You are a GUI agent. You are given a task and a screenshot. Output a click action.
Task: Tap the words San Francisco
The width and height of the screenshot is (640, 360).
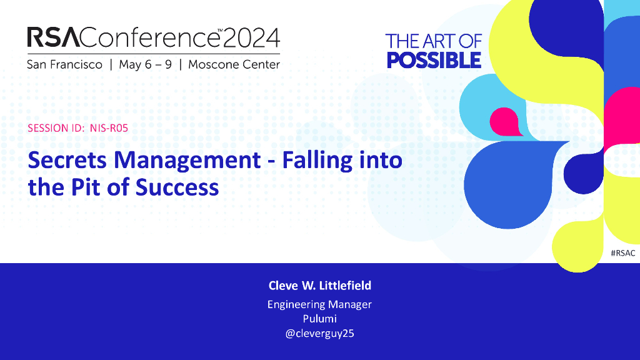(x=64, y=64)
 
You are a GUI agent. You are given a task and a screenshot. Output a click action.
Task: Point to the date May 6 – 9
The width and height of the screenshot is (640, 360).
(x=145, y=65)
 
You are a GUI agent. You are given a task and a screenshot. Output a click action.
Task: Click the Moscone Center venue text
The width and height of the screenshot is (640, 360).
(x=234, y=64)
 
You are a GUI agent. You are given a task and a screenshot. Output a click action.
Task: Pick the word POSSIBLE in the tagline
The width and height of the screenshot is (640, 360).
(x=434, y=61)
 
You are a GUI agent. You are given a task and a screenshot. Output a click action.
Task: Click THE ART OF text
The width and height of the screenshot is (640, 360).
(x=434, y=41)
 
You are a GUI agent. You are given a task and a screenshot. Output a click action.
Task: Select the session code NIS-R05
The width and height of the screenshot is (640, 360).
(x=109, y=128)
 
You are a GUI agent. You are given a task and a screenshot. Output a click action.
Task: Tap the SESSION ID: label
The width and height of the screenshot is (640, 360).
(x=56, y=128)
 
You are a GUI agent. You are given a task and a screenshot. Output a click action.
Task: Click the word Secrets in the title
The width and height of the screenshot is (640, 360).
(x=67, y=160)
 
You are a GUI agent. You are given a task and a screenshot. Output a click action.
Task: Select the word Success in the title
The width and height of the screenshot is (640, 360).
(x=177, y=187)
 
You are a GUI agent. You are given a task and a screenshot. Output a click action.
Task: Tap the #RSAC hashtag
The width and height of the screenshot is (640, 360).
(x=623, y=253)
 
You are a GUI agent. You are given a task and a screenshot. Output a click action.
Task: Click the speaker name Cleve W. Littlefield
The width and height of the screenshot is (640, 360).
(x=320, y=285)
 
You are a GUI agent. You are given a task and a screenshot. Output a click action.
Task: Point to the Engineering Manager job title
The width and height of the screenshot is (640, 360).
(x=319, y=304)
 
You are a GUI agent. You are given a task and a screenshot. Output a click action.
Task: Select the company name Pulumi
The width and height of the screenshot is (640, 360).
(x=319, y=319)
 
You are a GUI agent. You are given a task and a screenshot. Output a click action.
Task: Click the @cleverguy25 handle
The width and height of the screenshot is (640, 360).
(x=319, y=334)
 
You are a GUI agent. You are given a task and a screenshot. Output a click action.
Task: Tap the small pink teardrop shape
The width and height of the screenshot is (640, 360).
(x=504, y=122)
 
